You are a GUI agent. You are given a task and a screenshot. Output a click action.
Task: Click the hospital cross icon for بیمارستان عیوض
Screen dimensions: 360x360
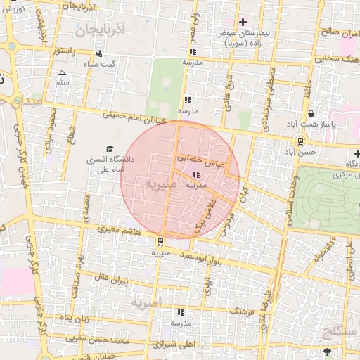tap(243, 22)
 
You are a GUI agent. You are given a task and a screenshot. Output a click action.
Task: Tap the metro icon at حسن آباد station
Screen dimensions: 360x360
tap(300, 140)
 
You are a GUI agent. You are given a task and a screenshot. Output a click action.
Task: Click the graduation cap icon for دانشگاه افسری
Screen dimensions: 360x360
tap(109, 148)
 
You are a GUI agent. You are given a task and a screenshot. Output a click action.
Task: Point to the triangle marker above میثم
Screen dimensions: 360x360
tap(62, 73)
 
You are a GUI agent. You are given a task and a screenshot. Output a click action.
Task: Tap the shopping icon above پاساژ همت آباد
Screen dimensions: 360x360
tap(311, 113)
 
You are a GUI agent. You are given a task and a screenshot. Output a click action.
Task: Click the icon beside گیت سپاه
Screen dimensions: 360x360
tap(98, 53)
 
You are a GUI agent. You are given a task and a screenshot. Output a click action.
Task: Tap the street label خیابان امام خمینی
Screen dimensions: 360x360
tap(135, 117)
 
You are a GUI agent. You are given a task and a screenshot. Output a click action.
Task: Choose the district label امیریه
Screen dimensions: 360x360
tap(146, 302)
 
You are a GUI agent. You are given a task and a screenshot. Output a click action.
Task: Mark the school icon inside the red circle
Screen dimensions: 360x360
tap(195, 174)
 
